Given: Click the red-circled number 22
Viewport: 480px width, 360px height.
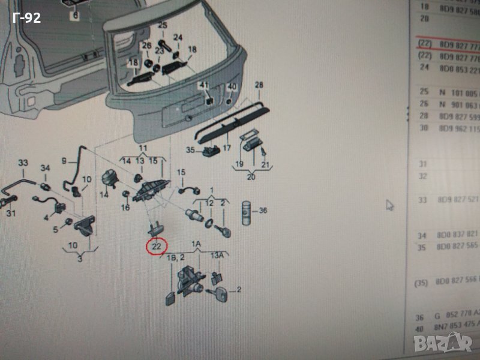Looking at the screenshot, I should point(158,245).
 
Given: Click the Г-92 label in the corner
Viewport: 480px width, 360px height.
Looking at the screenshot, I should point(26,19).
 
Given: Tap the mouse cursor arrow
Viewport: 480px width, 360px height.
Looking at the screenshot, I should point(389,205).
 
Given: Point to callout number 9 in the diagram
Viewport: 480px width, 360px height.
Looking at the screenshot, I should point(66,160).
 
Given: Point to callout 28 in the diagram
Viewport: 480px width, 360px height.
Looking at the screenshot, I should point(259,85).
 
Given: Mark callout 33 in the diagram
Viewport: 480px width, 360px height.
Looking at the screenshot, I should point(23,163).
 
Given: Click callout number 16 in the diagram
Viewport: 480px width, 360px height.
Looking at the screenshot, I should point(125,208).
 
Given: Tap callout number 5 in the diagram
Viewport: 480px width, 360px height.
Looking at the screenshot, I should point(55,229).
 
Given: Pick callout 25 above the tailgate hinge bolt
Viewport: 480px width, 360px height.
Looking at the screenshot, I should point(161,25).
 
